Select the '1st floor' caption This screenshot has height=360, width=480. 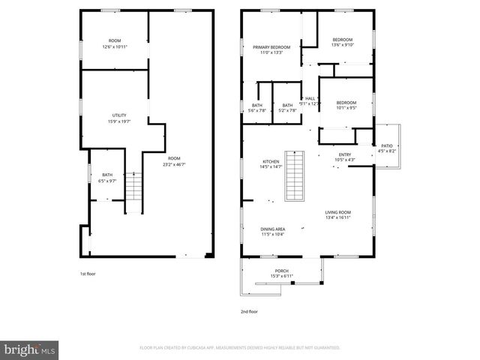click(x=88, y=274)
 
